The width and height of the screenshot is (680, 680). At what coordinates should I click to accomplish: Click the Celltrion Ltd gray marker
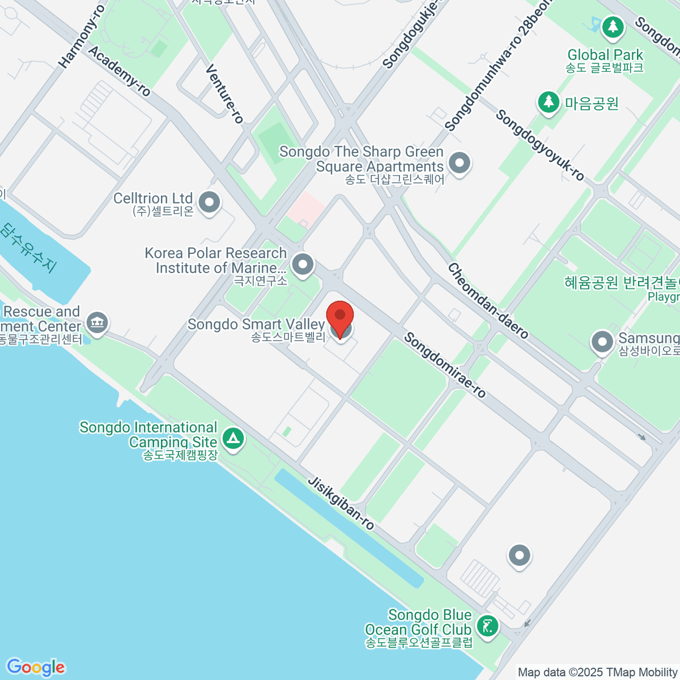coord(210,202)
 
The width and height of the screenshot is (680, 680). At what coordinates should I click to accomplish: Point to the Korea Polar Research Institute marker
coord(303,264)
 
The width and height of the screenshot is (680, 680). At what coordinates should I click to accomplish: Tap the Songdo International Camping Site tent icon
coord(233,439)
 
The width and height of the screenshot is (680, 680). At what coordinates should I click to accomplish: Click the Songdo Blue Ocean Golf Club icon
coord(487,626)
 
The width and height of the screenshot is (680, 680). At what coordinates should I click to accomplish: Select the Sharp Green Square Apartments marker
coord(460,164)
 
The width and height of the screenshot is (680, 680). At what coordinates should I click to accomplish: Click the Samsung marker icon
coord(602,342)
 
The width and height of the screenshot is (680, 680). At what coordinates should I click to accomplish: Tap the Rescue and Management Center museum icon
coord(97,323)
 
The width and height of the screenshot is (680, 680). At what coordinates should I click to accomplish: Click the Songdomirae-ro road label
coord(445,365)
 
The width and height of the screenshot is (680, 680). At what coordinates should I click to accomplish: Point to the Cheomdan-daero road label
coord(488,300)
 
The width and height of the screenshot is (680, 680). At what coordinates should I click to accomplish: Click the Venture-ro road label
coord(224,93)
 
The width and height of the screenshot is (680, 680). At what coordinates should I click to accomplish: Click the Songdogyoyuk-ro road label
coord(539,146)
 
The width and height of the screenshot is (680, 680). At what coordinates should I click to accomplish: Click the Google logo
coord(35,668)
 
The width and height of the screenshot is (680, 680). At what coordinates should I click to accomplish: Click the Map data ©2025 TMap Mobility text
coord(597,673)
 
